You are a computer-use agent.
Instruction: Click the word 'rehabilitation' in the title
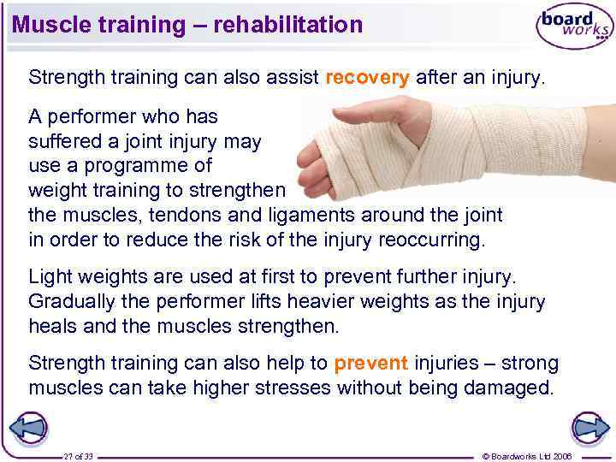click(x=288, y=25)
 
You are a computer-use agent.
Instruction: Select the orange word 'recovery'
click(x=368, y=77)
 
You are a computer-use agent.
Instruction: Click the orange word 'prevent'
click(x=371, y=364)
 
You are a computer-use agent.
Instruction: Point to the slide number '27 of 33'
click(x=78, y=456)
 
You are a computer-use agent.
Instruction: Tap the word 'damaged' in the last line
click(x=509, y=388)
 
